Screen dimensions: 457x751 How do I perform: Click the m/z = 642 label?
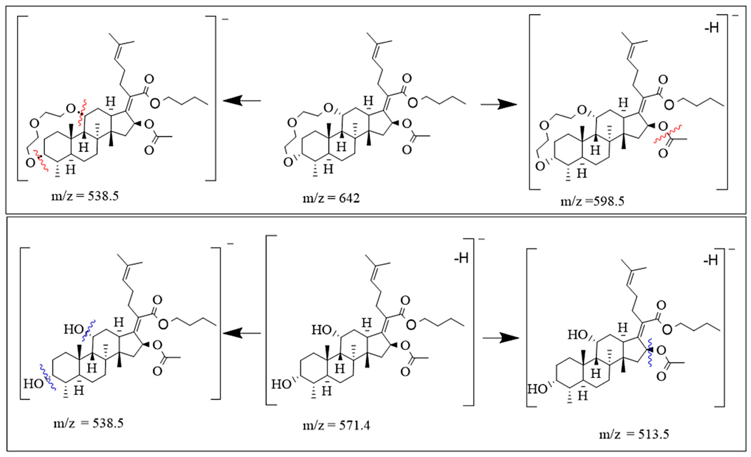click(x=331, y=198)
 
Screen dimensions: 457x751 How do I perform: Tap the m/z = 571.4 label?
click(x=336, y=425)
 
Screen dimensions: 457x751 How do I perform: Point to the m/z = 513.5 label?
click(x=634, y=434)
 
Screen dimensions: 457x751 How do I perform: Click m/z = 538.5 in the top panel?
click(x=85, y=196)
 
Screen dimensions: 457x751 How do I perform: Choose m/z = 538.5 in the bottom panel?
click(x=88, y=423)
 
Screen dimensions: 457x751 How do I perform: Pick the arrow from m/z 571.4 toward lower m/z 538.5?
click(x=242, y=333)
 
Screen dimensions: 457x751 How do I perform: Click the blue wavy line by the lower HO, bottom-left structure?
click(x=47, y=377)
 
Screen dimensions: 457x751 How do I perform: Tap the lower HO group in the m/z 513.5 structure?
click(x=537, y=389)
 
